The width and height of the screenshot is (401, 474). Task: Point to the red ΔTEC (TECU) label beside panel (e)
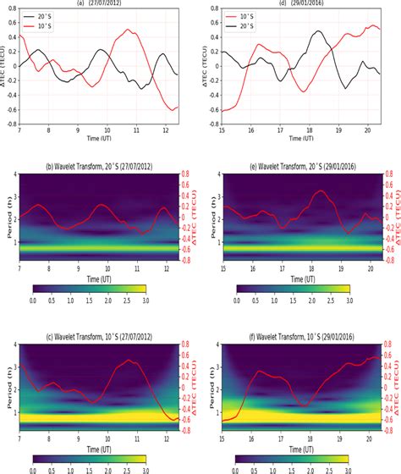point(395,216)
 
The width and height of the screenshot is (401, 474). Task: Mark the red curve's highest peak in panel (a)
point(128,30)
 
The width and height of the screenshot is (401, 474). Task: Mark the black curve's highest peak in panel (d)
point(317,31)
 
